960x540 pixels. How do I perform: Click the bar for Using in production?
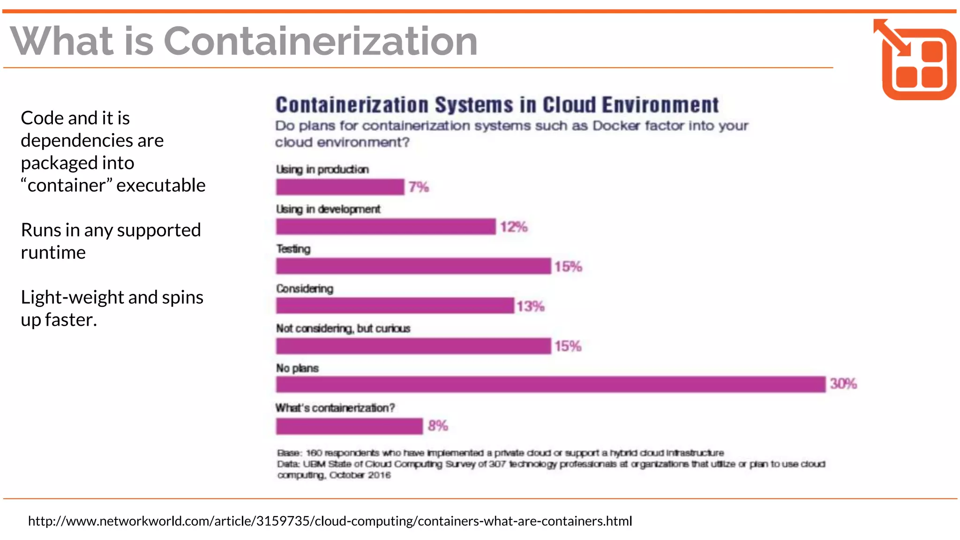[340, 187]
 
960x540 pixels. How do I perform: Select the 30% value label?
[843, 384]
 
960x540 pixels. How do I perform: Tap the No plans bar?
[550, 384]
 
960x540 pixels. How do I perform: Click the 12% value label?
[513, 227]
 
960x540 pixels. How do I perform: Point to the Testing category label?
[293, 249]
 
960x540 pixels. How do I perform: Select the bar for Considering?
[395, 306]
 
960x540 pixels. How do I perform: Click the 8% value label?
[437, 426]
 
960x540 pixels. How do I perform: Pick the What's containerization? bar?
[349, 426]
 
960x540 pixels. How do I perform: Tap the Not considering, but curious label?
[343, 329]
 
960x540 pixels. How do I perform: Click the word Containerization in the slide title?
[321, 41]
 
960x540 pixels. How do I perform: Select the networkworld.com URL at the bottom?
[330, 521]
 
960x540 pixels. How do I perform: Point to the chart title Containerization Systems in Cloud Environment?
[497, 105]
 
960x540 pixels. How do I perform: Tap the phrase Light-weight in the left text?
[72, 297]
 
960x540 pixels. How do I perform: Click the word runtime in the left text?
[53, 253]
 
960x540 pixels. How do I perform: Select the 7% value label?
[418, 187]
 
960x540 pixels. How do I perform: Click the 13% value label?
[530, 307]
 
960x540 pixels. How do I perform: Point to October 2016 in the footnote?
[360, 475]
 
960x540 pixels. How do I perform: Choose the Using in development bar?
[386, 227]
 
